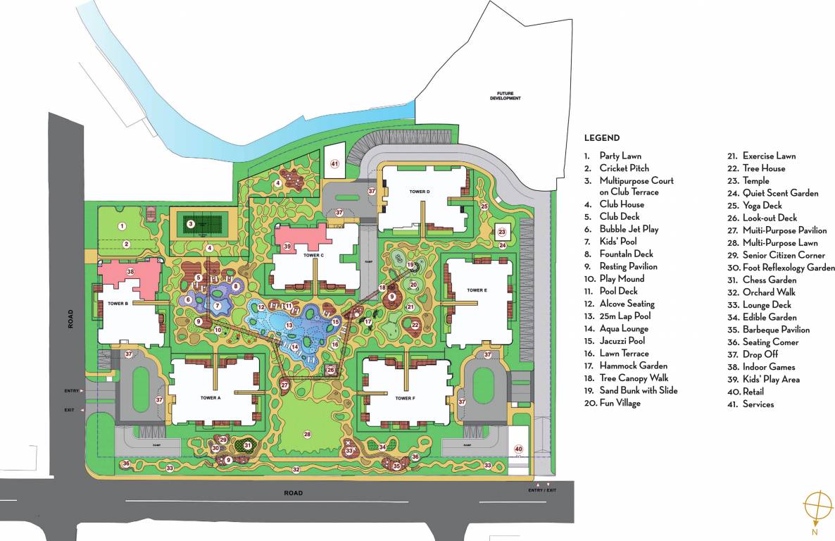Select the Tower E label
pos(477,290)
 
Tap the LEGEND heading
pos(601,138)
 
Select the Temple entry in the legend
pos(755,181)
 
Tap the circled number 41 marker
pos(334,164)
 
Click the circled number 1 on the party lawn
pos(122,226)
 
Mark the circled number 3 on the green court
pos(190,225)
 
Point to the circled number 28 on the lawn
pos(307,435)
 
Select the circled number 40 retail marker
pos(518,449)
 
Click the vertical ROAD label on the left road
pos(70,321)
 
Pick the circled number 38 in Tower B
pos(130,271)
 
